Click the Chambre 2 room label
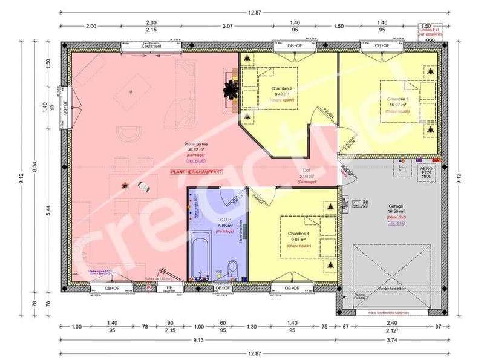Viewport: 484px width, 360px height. (x=283, y=88)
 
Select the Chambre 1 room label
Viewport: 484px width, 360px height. (x=397, y=99)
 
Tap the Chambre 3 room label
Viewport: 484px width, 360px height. (x=298, y=234)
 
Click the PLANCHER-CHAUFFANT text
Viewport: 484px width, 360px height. (x=197, y=172)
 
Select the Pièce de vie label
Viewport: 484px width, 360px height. (x=197, y=143)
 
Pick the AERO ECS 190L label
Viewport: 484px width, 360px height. (x=427, y=172)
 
